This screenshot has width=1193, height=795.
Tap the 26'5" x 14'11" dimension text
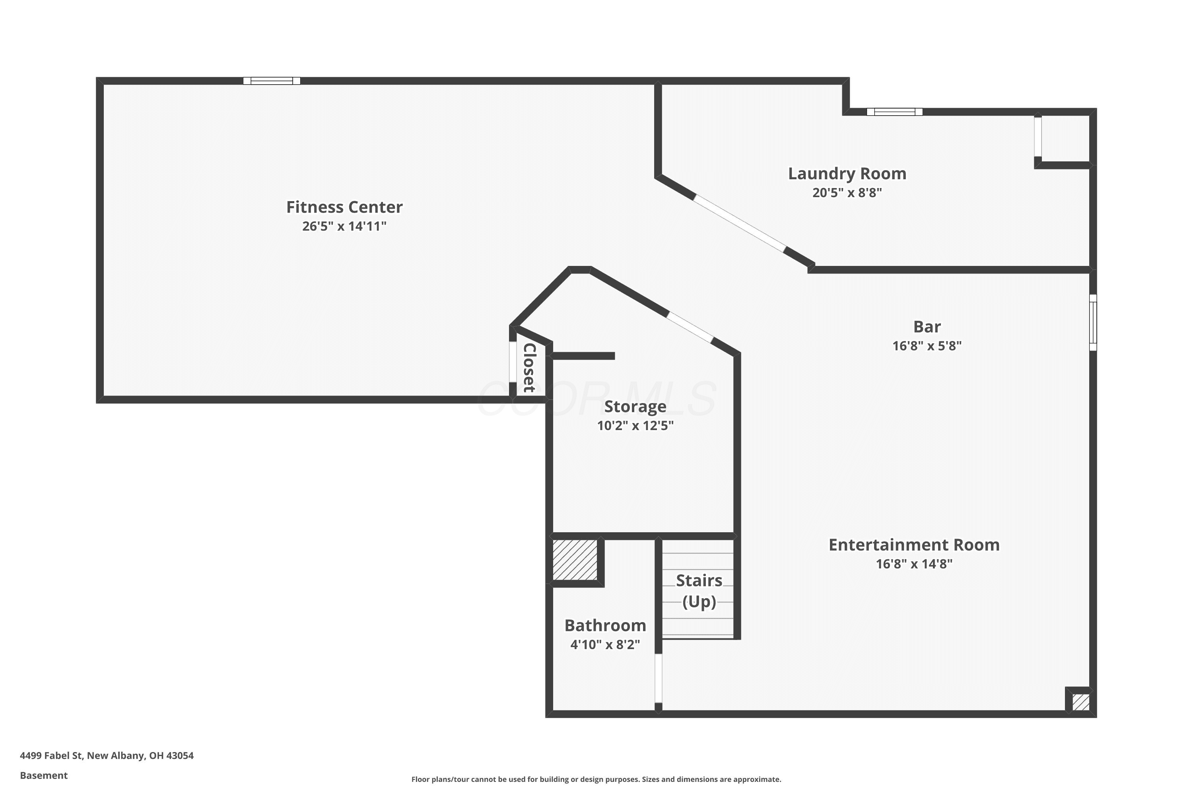point(344,226)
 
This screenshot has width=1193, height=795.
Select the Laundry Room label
point(847,173)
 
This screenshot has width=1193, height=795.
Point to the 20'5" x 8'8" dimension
point(847,193)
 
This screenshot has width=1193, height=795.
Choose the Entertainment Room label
point(914,545)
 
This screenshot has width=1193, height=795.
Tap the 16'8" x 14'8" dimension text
point(914,564)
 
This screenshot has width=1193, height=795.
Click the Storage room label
point(635,407)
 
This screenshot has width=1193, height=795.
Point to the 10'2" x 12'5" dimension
point(635,425)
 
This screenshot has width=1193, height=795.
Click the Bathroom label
point(605,625)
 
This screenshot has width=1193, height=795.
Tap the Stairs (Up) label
point(699,591)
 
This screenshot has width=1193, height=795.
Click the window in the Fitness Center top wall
point(272,81)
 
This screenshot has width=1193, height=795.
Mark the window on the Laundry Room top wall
point(894,112)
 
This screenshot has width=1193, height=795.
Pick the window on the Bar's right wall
point(1093,322)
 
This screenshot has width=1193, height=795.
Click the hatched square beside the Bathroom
point(575,560)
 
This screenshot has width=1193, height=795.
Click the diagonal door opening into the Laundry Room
point(739,223)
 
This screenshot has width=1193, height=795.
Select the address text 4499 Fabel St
point(51,756)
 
